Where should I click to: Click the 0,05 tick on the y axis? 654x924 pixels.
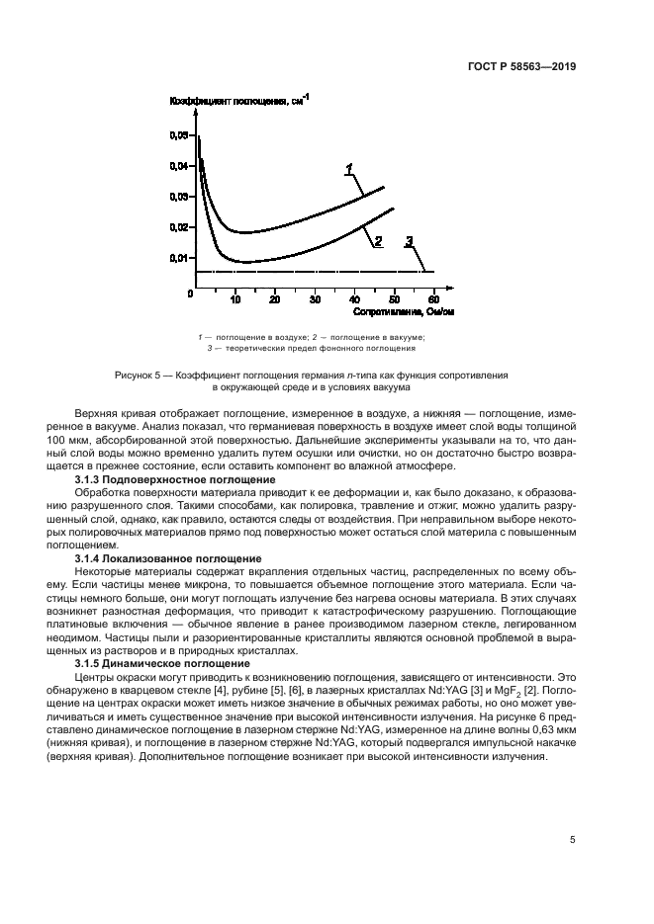[177, 134]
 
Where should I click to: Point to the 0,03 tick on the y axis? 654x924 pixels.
[177, 197]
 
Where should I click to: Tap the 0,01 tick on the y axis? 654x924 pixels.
[177, 258]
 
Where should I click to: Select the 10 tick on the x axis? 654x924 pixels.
[234, 299]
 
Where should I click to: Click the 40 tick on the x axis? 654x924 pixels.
[353, 299]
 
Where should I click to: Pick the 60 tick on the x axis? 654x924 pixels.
[433, 299]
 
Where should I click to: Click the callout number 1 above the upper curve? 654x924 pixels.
[349, 170]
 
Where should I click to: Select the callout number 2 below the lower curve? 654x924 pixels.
[377, 240]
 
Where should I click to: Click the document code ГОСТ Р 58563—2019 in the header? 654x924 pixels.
[522, 68]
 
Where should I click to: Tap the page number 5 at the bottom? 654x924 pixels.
[573, 840]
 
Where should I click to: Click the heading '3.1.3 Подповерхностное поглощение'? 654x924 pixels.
[176, 479]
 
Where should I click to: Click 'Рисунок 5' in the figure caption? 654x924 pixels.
[141, 377]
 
